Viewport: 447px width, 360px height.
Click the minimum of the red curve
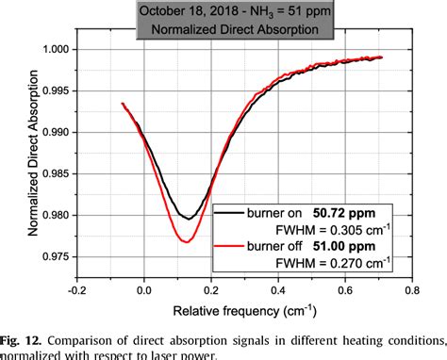pyautogui.click(x=187, y=242)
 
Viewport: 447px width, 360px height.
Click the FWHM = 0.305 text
pyautogui.click(x=335, y=230)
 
